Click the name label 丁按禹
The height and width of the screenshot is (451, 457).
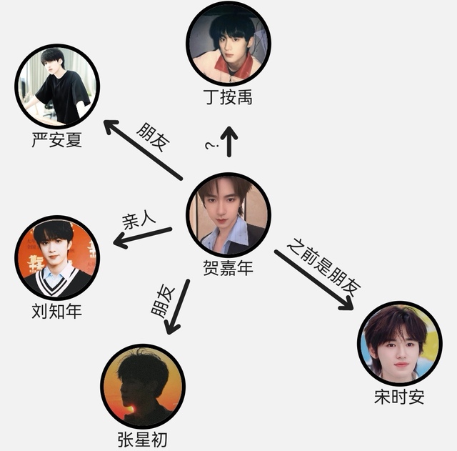(x=228, y=96)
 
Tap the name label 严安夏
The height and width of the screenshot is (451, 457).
(x=57, y=139)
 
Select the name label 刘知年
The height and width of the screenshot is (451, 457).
(x=57, y=311)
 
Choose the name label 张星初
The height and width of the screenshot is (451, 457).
(x=142, y=438)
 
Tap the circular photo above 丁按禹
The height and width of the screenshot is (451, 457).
(x=228, y=43)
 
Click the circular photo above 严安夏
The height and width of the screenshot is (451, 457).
(x=57, y=86)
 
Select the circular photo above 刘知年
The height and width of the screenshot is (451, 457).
(x=57, y=258)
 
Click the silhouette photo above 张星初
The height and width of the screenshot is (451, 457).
(x=143, y=386)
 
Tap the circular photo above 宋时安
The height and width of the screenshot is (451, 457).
(x=399, y=343)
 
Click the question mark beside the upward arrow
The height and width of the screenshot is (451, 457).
(x=211, y=147)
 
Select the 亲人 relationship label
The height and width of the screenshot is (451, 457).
(x=139, y=221)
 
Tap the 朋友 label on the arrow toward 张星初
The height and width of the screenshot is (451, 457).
(x=163, y=300)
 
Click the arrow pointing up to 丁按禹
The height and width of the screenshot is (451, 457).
(x=229, y=142)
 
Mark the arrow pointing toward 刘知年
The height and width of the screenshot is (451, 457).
(x=143, y=238)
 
